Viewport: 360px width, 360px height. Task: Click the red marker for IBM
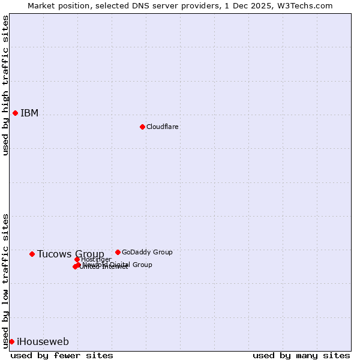coord(15,113)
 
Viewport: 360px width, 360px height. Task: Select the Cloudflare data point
coord(142,127)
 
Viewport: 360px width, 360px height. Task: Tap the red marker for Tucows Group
coord(32,254)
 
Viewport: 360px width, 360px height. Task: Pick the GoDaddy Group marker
coord(118,252)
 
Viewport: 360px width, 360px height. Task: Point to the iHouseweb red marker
coord(11,341)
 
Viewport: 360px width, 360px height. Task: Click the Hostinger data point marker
coord(77,259)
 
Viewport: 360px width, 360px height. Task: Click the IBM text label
coord(29,113)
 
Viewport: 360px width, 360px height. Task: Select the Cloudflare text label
coord(162,127)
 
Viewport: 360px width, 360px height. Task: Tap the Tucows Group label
coord(70,254)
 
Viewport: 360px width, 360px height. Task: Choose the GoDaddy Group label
coord(147,252)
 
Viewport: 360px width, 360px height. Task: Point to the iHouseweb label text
coord(43,342)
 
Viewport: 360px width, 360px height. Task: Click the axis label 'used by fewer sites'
coord(62,355)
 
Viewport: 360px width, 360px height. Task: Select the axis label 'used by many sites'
coord(301,355)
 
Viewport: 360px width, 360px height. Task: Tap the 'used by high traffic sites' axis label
coord(6,85)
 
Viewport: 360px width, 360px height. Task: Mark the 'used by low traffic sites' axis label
coord(6,280)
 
